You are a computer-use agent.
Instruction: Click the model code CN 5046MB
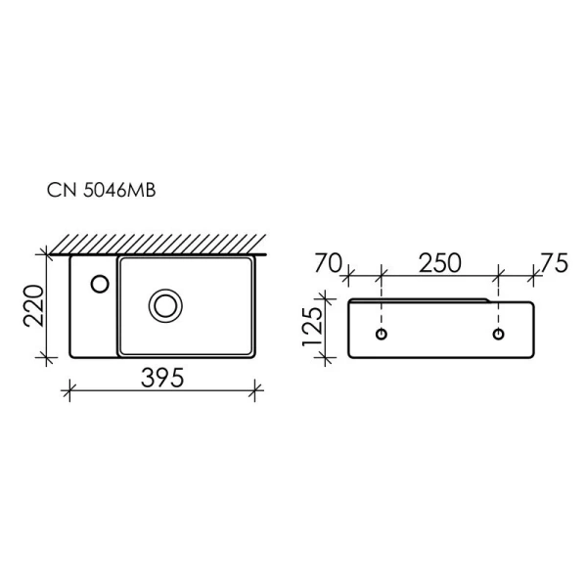coord(101,190)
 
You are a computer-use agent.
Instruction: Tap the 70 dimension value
coord(329,263)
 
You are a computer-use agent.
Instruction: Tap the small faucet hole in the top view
coord(99,284)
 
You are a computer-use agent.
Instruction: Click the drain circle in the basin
coord(164,304)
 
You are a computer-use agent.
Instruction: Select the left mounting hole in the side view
coord(382,336)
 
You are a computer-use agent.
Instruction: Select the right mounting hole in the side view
coord(499,336)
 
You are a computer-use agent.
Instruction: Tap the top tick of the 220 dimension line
coord(45,253)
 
